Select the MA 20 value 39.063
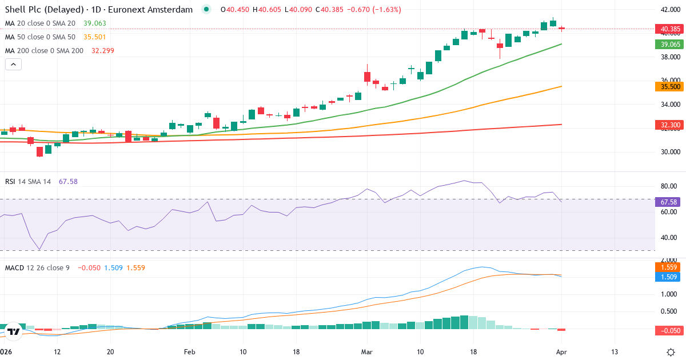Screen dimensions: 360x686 pyautogui.click(x=95, y=23)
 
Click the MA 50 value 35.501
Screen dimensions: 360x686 pyautogui.click(x=95, y=37)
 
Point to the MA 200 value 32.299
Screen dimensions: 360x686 pyautogui.click(x=103, y=51)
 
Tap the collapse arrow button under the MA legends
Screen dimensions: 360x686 pyautogui.click(x=14, y=65)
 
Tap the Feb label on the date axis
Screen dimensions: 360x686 pyautogui.click(x=190, y=351)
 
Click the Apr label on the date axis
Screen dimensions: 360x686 pyautogui.click(x=561, y=351)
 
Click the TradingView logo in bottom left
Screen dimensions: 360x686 pyautogui.click(x=14, y=331)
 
